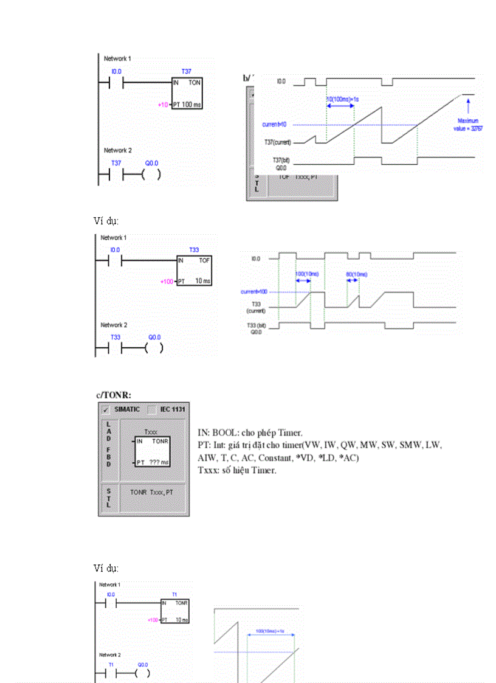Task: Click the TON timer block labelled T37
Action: [187, 93]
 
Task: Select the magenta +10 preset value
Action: [162, 105]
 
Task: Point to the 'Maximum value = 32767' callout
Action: [469, 125]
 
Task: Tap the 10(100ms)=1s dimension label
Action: [340, 98]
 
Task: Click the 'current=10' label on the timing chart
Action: [275, 125]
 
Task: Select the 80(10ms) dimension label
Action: [357, 274]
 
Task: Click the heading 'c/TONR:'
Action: [117, 395]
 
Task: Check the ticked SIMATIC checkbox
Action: [106, 409]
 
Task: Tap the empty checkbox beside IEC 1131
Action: [152, 409]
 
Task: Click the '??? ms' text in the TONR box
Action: [159, 462]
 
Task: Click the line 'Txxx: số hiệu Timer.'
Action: [237, 470]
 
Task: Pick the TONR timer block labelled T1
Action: [175, 611]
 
